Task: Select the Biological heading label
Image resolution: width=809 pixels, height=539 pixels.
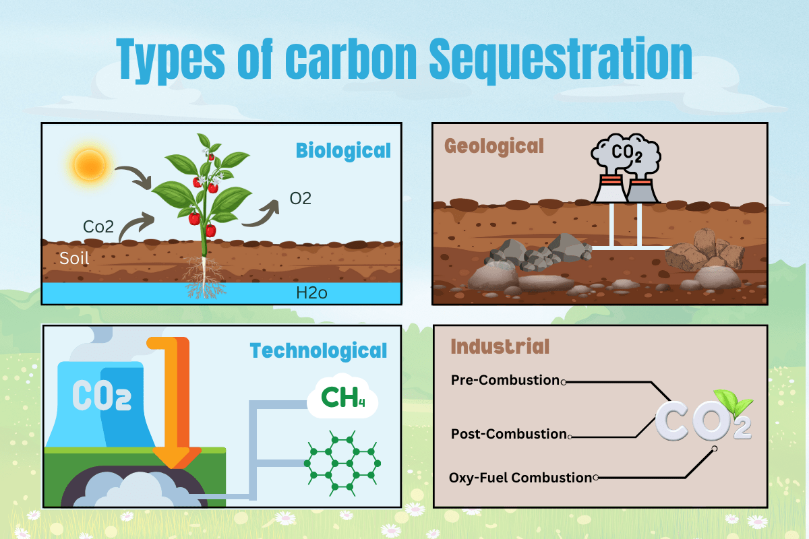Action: tap(344, 150)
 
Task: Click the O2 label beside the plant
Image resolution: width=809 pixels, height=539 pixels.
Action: tap(300, 199)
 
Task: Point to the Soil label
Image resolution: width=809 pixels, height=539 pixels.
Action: tap(73, 258)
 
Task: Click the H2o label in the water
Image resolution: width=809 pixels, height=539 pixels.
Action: tap(312, 293)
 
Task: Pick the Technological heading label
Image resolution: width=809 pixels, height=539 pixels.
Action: tap(318, 351)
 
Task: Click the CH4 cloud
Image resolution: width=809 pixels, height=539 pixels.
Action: tap(342, 397)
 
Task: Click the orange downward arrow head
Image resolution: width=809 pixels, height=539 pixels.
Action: tap(177, 458)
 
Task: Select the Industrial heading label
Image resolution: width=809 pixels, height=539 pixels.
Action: tap(500, 346)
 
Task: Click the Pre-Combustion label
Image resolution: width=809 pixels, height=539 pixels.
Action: tap(506, 380)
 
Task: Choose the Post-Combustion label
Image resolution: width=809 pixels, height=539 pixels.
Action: tap(509, 434)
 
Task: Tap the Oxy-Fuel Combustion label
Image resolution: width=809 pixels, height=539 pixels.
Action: tap(520, 478)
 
